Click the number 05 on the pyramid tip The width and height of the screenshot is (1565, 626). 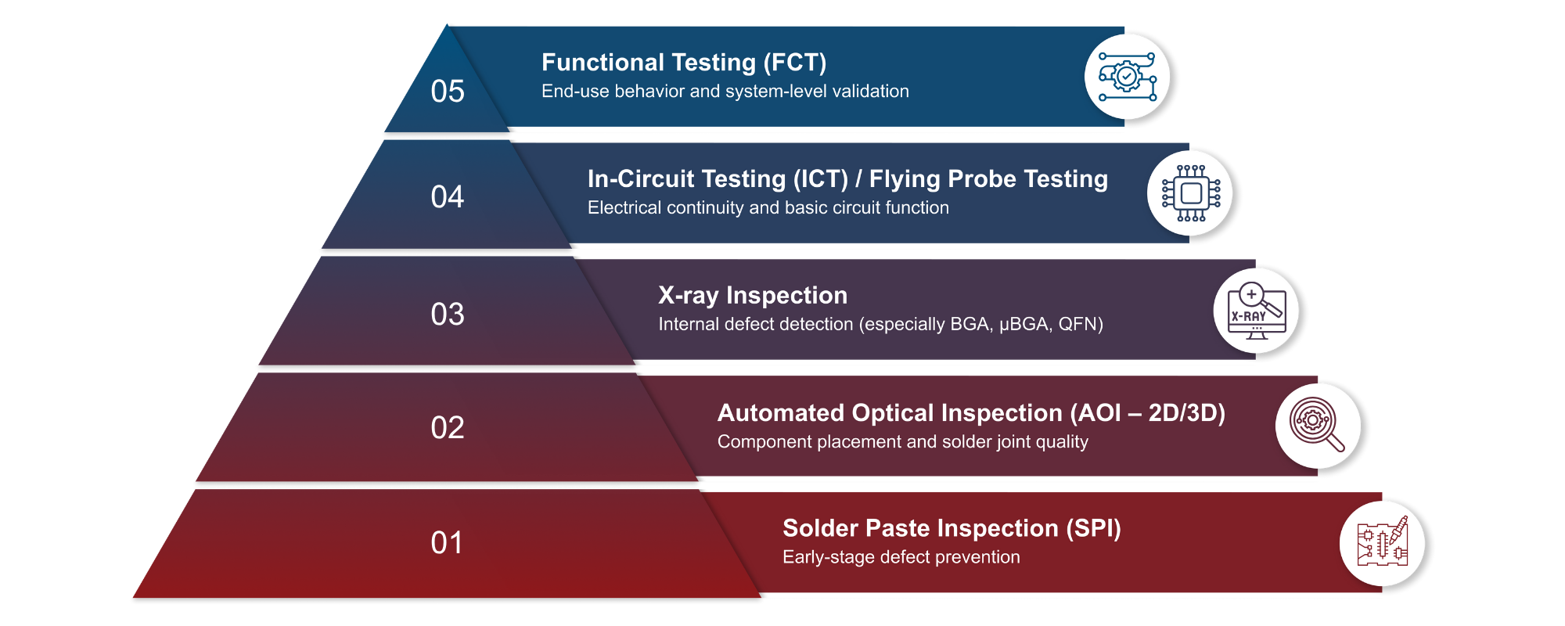pos(448,92)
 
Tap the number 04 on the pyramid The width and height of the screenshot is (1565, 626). pos(448,197)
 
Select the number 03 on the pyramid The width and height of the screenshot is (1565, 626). pos(448,315)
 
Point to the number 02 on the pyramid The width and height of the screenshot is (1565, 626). pos(448,428)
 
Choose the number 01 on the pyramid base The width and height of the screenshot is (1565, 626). pos(448,543)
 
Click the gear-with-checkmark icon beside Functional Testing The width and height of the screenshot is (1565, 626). pos(1127,77)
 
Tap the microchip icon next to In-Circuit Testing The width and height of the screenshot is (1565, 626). pos(1190,193)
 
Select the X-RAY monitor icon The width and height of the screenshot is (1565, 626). pos(1256,311)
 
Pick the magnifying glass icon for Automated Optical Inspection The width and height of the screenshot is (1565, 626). pos(1318,425)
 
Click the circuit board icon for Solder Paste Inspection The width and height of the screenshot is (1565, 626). pos(1382,542)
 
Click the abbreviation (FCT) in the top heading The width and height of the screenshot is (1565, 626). pos(795,63)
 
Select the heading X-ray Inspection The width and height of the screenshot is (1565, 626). pos(753,295)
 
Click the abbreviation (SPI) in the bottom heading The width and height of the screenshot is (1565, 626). pos(1093,528)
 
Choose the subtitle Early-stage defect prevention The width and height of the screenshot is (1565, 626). pos(901,557)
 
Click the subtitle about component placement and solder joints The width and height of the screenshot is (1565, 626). pos(902,442)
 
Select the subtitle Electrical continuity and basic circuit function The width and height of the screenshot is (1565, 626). pos(768,208)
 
